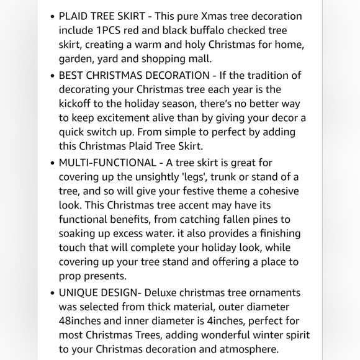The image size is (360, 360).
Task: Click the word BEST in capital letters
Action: (x=73, y=75)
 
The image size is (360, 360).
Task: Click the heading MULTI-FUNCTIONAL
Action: (x=107, y=163)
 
